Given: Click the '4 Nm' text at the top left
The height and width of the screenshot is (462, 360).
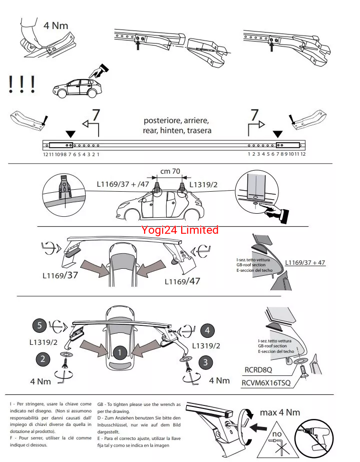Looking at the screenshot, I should tap(56, 25).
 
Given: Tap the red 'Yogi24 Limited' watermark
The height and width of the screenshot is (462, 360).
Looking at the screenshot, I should tap(180, 230).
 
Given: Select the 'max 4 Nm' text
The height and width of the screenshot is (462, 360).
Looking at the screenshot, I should tap(280, 412).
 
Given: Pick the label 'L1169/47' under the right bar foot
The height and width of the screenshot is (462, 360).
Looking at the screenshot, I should tap(182, 281).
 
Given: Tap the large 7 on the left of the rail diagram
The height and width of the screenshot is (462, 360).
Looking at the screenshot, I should tap(96, 114).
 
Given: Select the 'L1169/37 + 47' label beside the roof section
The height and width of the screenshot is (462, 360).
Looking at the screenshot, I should tap(305, 262).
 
